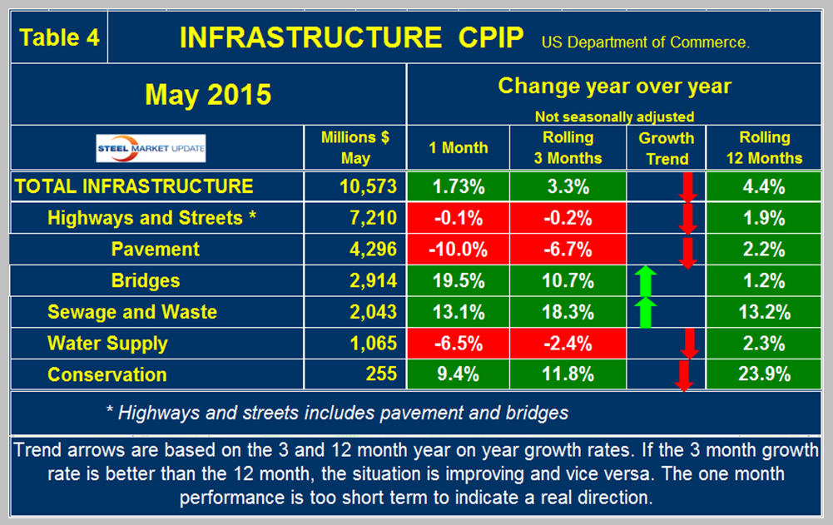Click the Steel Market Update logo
151,148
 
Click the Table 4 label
60,37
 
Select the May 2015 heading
208,95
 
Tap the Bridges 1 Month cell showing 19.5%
458,280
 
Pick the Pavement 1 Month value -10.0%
458,250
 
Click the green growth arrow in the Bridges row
646,281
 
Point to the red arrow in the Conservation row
684,376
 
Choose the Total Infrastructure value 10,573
368,186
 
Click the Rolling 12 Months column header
765,148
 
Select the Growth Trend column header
667,148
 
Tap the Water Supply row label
107,344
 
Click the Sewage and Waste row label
132,312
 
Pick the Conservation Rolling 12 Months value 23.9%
765,374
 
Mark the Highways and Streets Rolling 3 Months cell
568,218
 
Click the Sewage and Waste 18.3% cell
568,312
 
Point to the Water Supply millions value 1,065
374,344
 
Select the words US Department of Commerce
646,42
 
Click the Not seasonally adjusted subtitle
614,116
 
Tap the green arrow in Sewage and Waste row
646,313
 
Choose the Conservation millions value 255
381,374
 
